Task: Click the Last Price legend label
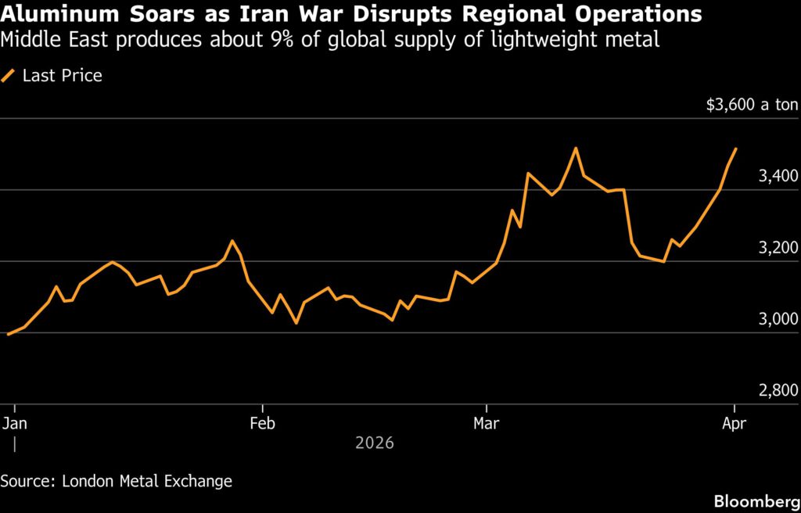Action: tap(63, 76)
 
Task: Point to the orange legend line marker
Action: tap(9, 76)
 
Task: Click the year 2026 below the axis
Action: tap(374, 443)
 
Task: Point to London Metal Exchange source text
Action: tap(145, 481)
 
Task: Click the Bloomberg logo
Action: tap(754, 500)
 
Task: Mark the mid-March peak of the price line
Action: tap(575, 148)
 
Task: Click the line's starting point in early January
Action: tap(8, 334)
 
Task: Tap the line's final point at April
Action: tap(735, 149)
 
